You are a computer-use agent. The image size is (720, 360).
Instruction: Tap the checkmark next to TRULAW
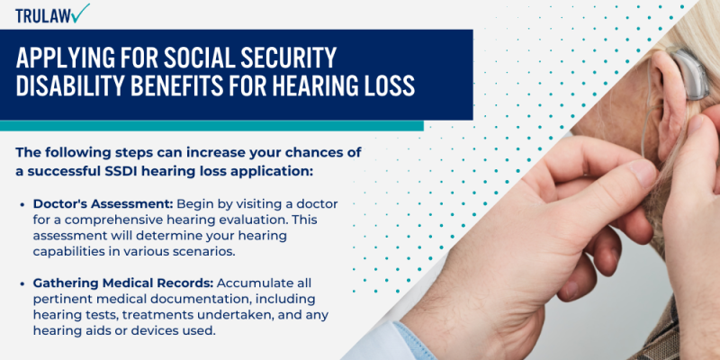pyautogui.click(x=81, y=13)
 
